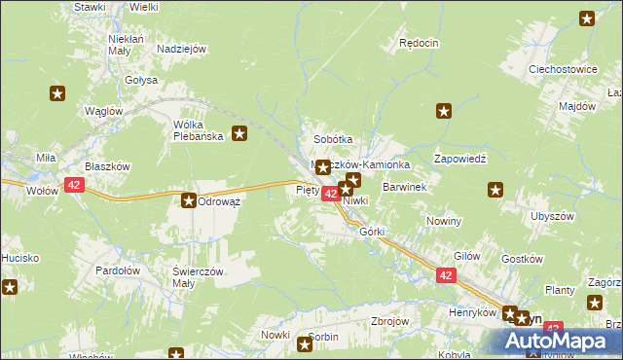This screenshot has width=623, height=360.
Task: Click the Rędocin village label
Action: [x=420, y=43]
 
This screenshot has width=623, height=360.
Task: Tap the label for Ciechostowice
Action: [x=562, y=70]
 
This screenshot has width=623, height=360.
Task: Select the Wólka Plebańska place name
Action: [x=199, y=130]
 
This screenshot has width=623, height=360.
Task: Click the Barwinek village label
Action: [x=405, y=185]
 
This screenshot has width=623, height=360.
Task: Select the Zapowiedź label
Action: [x=459, y=158]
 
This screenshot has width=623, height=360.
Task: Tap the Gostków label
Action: [x=521, y=260]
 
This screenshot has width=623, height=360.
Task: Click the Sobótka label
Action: [x=332, y=139]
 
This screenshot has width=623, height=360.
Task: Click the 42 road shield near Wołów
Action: [x=75, y=184]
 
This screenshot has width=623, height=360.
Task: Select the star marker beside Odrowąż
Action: [x=188, y=200]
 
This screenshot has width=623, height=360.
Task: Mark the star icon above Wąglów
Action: [x=57, y=93]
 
